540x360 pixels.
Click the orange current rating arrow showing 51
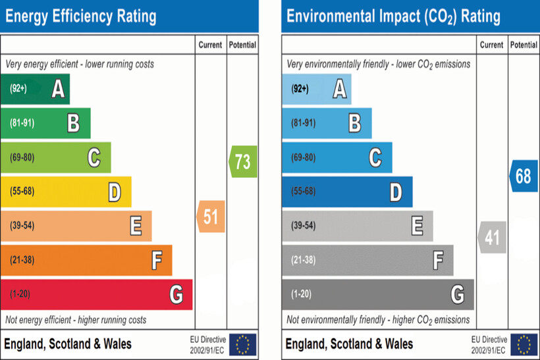pyautogui.click(x=211, y=217)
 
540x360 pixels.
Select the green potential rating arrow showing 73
pyautogui.click(x=243, y=161)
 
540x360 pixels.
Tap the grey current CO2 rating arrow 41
pyautogui.click(x=492, y=237)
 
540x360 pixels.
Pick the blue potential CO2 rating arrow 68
pyautogui.click(x=524, y=176)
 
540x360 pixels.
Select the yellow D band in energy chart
pyautogui.click(x=66, y=192)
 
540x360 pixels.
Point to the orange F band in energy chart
pyautogui.click(x=86, y=260)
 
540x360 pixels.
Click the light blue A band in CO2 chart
pyautogui.click(x=317, y=89)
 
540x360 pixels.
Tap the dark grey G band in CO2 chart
pyautogui.click(x=378, y=294)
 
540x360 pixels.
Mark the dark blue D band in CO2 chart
pyautogui.click(x=347, y=192)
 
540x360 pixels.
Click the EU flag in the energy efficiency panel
pyautogui.click(x=243, y=344)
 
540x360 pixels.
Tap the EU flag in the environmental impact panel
pyautogui.click(x=524, y=344)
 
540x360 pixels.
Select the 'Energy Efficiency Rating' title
pyautogui.click(x=81, y=16)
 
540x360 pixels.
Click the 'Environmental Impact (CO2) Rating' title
pyautogui.click(x=393, y=16)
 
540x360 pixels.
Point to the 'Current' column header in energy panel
pyautogui.click(x=211, y=45)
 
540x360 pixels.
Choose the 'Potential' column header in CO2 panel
pyautogui.click(x=524, y=45)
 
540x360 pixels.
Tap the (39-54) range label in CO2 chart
pyautogui.click(x=304, y=226)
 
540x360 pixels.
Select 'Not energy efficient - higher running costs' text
pyautogui.click(x=76, y=320)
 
